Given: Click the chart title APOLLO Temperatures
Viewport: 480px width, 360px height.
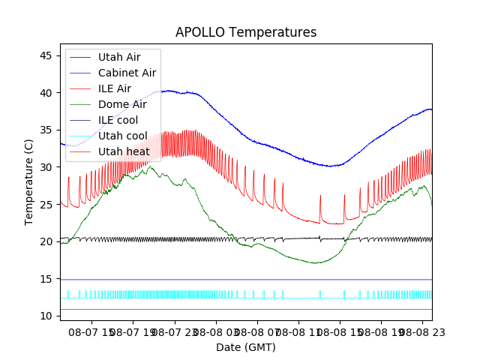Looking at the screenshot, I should click(x=246, y=32).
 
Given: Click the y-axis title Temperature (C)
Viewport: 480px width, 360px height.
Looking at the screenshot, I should click(x=29, y=182).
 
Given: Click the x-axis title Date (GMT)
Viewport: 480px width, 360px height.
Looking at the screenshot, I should click(x=246, y=347).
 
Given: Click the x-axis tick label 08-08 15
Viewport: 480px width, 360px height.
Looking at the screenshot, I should click(x=338, y=331).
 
